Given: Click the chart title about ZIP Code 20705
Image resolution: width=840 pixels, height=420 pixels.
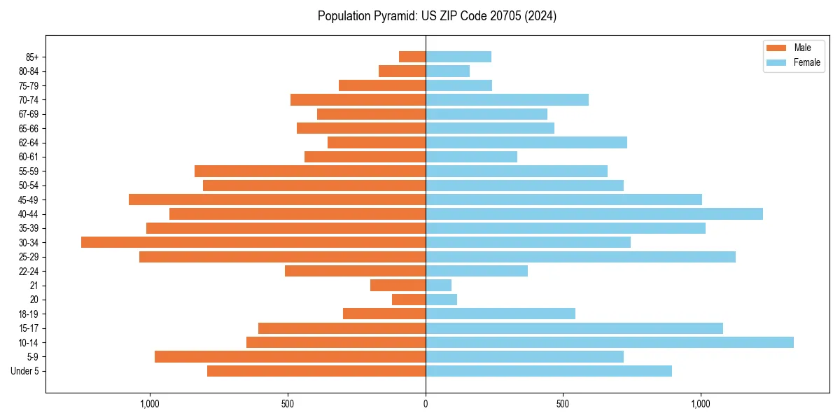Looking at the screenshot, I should coord(437,16).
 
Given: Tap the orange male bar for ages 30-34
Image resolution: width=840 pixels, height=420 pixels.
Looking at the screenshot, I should coord(253,242).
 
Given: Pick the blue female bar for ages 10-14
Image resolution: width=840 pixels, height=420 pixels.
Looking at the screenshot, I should coord(610,342).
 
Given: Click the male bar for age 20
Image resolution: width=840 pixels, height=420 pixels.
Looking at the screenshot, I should coord(409,300).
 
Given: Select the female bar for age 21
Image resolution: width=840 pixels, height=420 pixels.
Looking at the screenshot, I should coord(438,285).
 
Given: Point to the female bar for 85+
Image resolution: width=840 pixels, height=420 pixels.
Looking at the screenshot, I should coord(458,57).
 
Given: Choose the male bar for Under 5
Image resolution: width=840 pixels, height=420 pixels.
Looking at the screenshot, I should coord(316,371).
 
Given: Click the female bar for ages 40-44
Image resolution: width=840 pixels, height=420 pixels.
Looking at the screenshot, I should coord(594,213).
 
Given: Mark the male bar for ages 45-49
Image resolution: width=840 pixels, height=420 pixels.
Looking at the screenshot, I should coord(277,199).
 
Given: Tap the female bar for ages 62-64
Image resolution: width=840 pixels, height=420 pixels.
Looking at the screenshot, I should coord(526,142).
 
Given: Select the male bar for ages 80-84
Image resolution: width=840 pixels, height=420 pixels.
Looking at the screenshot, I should coord(402,71).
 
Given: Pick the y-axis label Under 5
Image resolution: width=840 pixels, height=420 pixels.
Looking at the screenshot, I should coord(25,371).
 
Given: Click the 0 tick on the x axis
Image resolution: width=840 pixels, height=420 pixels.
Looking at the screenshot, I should coord(426,404).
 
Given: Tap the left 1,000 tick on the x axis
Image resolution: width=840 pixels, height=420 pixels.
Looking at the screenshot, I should coord(150,404).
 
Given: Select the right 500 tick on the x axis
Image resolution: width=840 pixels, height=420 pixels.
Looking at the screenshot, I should coord(563,404).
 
